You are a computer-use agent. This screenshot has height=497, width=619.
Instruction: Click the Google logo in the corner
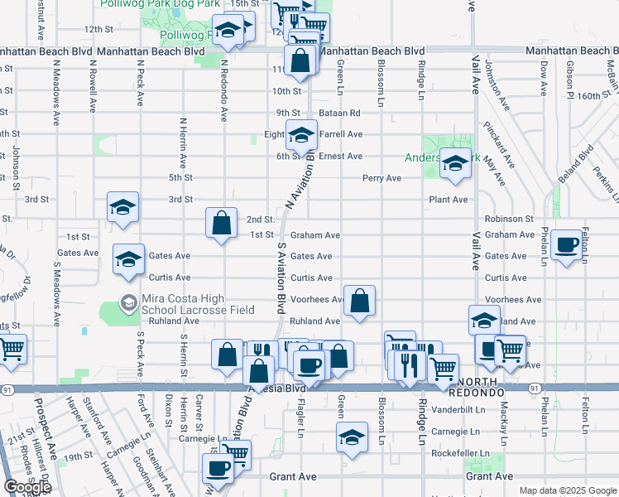point(27,487)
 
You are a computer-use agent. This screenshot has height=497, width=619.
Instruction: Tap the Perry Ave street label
point(381,178)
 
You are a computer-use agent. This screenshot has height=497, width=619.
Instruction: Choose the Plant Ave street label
point(448,200)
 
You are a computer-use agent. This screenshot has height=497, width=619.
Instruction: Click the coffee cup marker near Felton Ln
point(567,244)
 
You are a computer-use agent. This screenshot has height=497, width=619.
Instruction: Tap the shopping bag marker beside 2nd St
point(221,222)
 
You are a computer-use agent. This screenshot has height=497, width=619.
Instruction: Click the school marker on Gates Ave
point(128,259)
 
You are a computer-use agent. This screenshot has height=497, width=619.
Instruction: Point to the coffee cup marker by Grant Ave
point(218,467)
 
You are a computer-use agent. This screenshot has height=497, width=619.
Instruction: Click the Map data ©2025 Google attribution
point(568,490)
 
